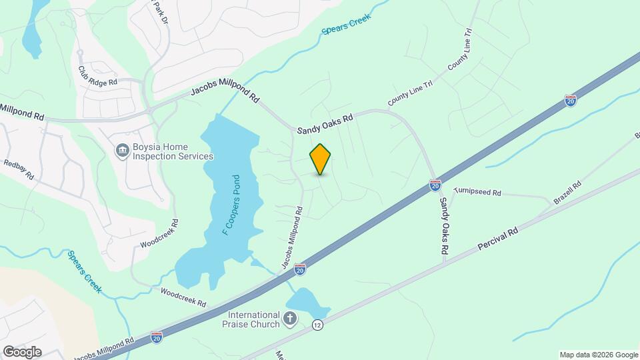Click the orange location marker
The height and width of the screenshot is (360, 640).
[320, 159]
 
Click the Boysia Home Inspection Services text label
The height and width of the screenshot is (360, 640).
[171, 152]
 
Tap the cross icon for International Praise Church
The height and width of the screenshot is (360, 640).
[289, 319]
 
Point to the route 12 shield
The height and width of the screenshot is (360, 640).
[317, 325]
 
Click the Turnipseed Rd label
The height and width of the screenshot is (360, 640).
[477, 192]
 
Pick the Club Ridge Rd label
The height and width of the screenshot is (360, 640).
[97, 75]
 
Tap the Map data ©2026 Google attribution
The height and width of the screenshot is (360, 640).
[599, 355]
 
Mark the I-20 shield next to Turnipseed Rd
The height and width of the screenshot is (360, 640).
[435, 184]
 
